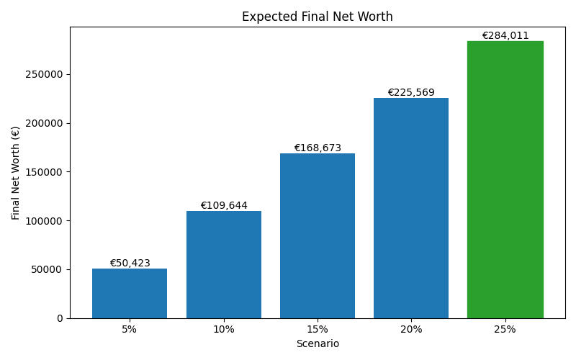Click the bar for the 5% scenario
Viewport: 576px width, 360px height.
[x=130, y=293]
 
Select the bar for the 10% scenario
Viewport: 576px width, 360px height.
[x=224, y=264]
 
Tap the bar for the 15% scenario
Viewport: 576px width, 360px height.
[x=318, y=235]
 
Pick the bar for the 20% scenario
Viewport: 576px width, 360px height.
[x=411, y=208]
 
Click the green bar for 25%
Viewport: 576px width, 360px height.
[x=505, y=179]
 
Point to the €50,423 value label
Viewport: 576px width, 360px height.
[x=130, y=263]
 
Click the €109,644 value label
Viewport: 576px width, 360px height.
[x=224, y=205]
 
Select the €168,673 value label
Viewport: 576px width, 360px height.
[x=318, y=148]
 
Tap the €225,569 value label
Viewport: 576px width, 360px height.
[x=411, y=92]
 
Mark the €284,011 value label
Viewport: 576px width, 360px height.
[x=505, y=35]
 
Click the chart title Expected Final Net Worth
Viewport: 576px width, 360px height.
[x=318, y=17]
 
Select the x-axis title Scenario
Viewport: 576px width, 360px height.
[x=318, y=344]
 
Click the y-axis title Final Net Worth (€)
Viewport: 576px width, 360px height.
[x=16, y=173]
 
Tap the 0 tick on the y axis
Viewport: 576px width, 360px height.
[x=60, y=318]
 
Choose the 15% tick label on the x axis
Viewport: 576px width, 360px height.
[x=318, y=329]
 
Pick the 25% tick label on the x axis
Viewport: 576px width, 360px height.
[x=505, y=329]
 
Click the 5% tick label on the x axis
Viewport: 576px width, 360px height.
[x=130, y=329]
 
